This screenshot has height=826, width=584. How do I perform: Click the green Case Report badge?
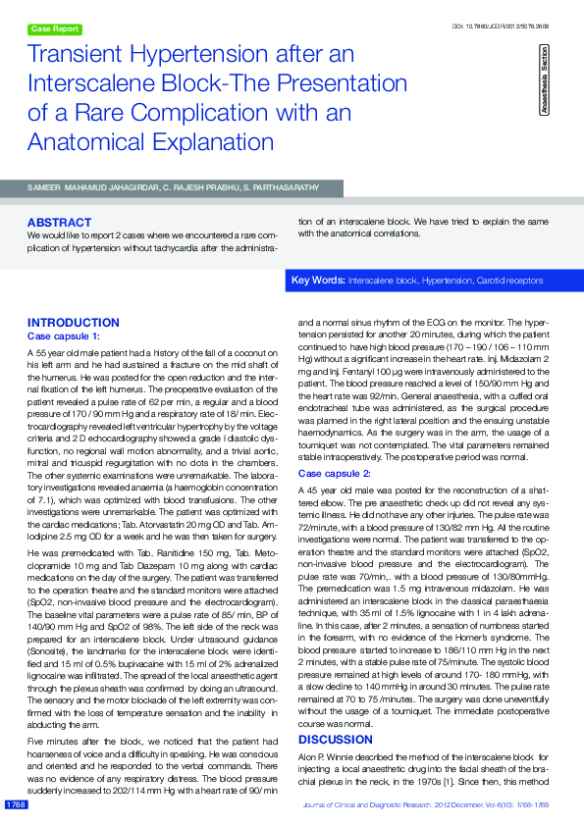coord(54,29)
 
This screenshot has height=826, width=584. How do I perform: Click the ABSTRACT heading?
coord(59,223)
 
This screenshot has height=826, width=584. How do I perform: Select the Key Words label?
coord(318,281)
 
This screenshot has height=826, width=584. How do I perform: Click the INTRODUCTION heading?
coord(74,323)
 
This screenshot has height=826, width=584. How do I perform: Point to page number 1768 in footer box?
coord(16,804)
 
